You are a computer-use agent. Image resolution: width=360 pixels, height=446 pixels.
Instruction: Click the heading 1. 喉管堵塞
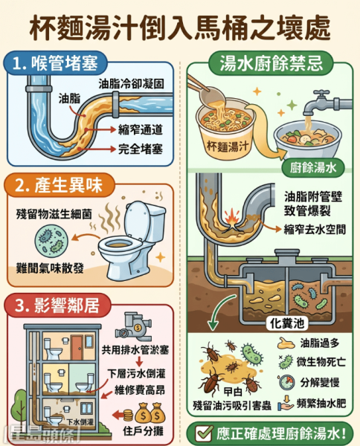pos(56,63)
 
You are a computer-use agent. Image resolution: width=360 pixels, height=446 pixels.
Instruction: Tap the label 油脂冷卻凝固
pos(131,84)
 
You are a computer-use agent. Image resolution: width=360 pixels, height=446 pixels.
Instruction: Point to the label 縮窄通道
pos(141,130)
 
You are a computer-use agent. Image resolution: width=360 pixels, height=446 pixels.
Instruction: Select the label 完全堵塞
pos(141,149)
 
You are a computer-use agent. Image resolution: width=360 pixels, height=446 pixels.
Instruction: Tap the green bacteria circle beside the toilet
pos(51,239)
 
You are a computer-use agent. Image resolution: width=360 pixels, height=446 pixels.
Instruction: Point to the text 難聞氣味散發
pos(50,268)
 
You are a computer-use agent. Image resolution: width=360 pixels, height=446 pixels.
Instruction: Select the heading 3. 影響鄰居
pos(58,306)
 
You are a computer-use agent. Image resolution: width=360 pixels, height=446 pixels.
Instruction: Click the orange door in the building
pos(77,348)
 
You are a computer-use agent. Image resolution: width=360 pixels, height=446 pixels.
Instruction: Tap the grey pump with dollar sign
pos(133,327)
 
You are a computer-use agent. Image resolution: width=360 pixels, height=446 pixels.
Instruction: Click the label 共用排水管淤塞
pos(135,350)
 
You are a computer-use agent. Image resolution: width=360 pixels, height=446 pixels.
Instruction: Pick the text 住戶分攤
pos(143,431)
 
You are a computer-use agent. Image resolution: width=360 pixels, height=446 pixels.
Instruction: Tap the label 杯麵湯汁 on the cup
pos(228,146)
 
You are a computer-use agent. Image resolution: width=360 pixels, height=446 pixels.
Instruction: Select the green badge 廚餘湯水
pos(313,168)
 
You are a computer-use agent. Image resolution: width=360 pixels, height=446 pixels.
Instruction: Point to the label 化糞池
pos(287,323)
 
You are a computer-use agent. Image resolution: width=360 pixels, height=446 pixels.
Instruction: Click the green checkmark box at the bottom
pos(204,433)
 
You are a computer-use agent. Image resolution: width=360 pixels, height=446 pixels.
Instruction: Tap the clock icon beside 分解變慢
pos(287,382)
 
